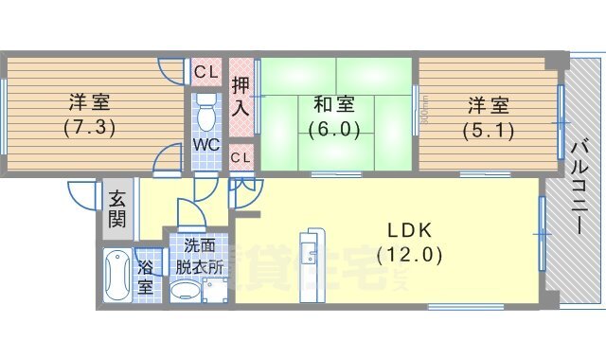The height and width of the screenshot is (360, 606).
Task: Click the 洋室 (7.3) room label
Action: tap(89, 114)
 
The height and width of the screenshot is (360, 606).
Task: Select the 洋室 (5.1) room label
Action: tap(487, 115)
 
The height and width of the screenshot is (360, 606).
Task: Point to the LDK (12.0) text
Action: tap(409, 242)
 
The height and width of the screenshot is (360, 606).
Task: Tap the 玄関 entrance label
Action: tap(116, 210)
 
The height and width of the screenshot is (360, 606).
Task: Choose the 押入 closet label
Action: tap(241, 96)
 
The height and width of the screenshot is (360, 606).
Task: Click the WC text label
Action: tap(206, 145)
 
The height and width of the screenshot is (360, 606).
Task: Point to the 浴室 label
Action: tap(145, 276)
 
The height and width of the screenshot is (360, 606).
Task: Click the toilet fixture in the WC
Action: tap(207, 112)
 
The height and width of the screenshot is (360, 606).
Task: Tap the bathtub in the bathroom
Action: tap(118, 276)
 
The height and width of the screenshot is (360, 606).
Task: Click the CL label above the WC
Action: tap(206, 71)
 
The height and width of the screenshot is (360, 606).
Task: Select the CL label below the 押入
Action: tap(241, 157)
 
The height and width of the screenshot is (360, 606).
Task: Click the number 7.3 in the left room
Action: tap(89, 127)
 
